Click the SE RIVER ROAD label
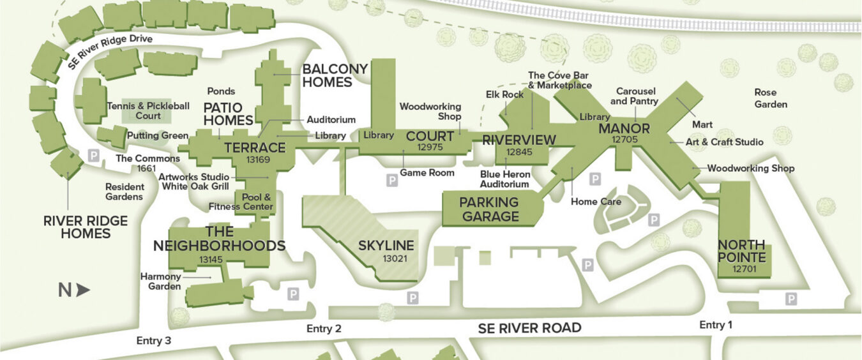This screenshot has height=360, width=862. [x=529, y=328]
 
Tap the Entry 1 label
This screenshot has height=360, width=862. [x=716, y=325]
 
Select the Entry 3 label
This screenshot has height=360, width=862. [x=154, y=341]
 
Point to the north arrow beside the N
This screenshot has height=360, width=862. [x=83, y=290]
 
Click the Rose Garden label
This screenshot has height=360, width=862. [x=771, y=98]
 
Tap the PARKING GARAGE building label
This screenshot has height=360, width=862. [x=490, y=209]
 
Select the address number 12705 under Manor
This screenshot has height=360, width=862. [x=624, y=139]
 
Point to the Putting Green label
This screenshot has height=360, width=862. [x=157, y=135]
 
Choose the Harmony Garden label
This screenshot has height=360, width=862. [x=160, y=281]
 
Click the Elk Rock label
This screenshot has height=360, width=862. [x=504, y=94]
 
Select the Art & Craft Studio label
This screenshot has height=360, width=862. [x=724, y=142]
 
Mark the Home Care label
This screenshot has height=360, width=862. [x=596, y=202]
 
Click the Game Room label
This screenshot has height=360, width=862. [x=427, y=172]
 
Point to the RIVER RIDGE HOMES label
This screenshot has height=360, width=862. [x=86, y=227]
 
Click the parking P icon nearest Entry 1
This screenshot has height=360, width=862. [x=790, y=299]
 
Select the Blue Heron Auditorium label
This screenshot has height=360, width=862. [x=504, y=179]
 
